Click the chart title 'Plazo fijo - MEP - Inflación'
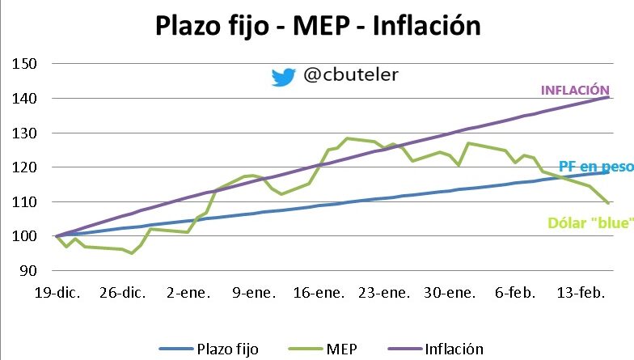(x=318, y=26)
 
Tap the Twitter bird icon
(x=284, y=77)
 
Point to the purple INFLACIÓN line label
(x=574, y=91)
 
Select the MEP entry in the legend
(x=345, y=349)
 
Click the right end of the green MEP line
(x=608, y=203)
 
